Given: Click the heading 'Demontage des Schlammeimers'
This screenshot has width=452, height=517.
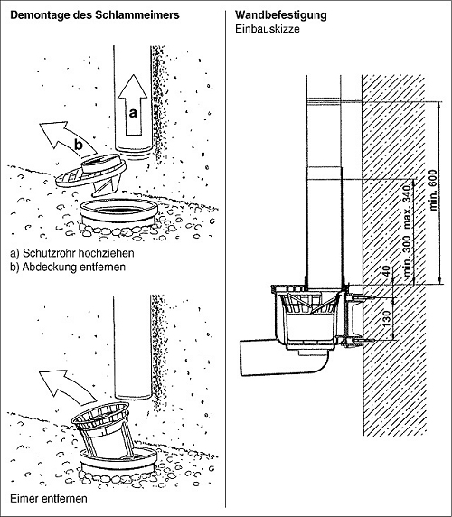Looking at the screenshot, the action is [95, 15].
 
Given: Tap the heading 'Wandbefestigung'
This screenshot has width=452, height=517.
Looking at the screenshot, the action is [281, 15].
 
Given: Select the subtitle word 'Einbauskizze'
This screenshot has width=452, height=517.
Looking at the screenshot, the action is [268, 29].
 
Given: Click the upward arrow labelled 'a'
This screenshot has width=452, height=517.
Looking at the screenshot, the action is [133, 105].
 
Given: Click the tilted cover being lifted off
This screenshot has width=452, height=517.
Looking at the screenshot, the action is [91, 174].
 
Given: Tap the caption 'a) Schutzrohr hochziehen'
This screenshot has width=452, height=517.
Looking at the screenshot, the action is [72, 253].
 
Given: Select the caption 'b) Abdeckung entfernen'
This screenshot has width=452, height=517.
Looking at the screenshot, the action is [68, 267].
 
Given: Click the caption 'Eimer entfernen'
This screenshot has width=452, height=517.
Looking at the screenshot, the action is [49, 499].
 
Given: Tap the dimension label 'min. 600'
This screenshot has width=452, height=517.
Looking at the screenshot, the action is [434, 190].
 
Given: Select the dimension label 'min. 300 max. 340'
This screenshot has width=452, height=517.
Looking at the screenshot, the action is [408, 230].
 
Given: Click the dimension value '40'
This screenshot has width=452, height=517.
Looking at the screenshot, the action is [387, 271].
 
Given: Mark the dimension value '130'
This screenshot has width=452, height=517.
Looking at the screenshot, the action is [387, 318].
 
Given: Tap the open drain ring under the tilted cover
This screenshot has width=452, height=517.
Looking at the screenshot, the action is [118, 212].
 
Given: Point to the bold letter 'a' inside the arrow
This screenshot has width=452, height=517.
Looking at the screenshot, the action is [133, 113].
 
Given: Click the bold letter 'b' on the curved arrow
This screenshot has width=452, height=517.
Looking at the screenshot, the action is [78, 145].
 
